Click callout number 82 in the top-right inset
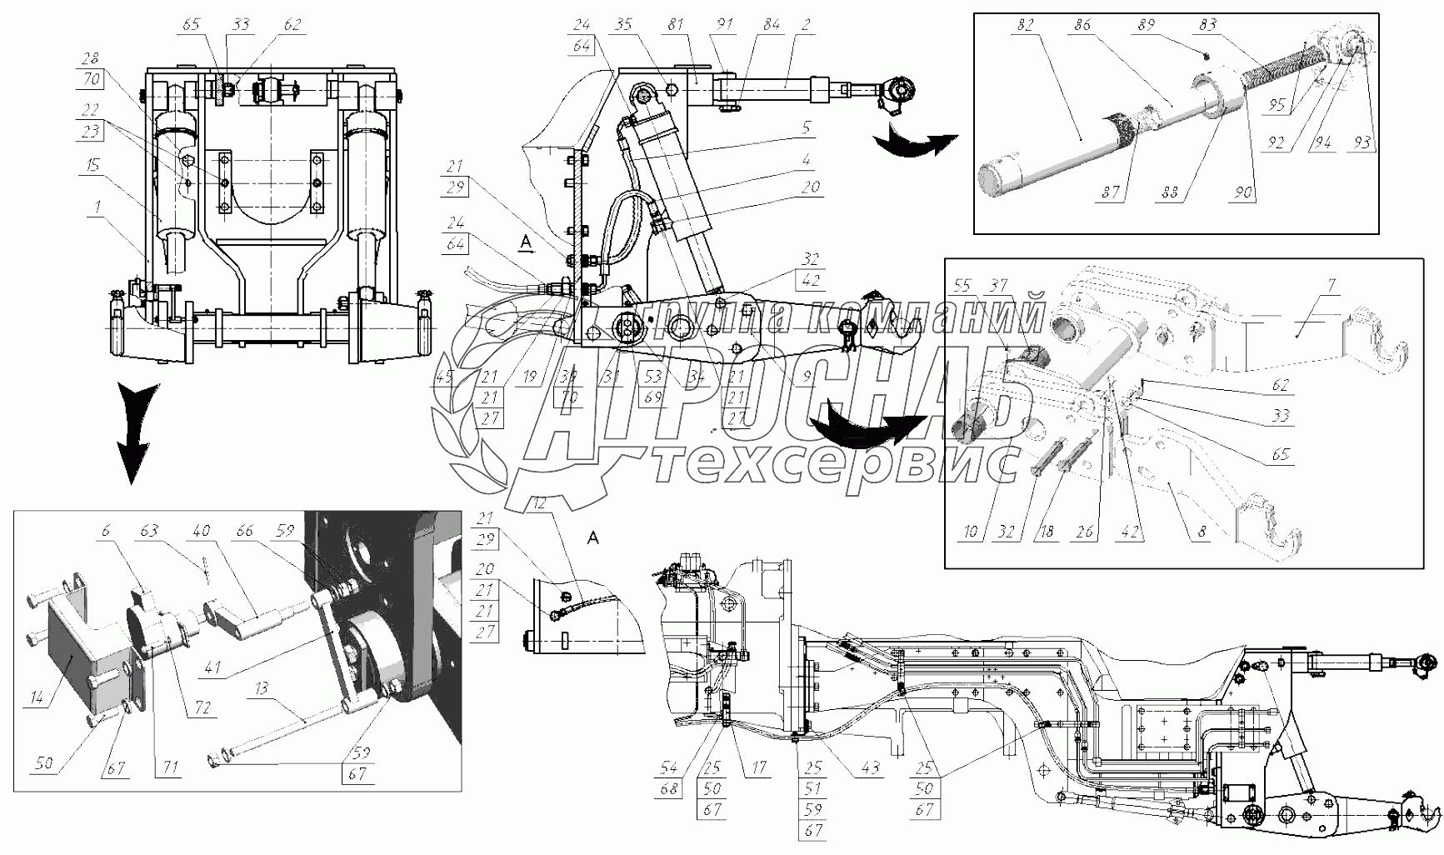click(x=1025, y=26)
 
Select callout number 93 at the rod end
click(x=1362, y=143)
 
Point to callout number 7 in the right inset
click(x=1332, y=286)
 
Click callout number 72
click(x=203, y=708)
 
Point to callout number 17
click(x=759, y=767)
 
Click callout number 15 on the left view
click(x=93, y=165)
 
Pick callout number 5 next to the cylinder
click(x=807, y=128)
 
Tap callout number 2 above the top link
click(x=806, y=26)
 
